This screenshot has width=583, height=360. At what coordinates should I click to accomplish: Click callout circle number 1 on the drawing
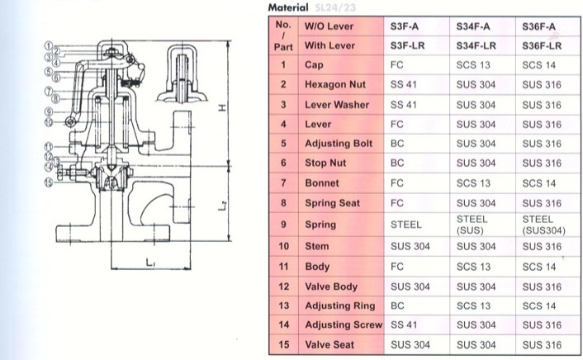coord(48,45)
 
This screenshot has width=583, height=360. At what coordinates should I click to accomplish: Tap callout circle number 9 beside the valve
coord(49,111)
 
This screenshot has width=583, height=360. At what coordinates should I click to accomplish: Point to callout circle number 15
coord(49,182)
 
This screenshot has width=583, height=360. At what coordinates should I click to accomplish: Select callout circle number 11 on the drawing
coord(49,147)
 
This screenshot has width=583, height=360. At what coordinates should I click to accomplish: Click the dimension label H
coord(222,108)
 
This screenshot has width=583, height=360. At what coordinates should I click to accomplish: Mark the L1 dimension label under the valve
coord(150,263)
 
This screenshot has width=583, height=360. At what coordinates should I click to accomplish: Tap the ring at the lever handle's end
coord(70,121)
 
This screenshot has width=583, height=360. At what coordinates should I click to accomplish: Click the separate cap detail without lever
coord(182,73)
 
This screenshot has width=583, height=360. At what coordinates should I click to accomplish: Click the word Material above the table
coord(288,7)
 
